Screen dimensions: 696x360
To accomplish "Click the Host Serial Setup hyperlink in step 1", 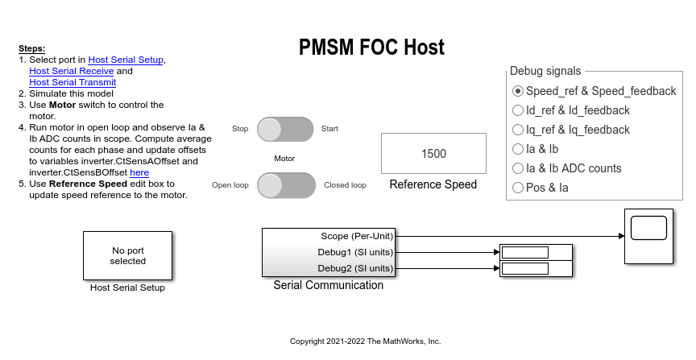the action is click(x=126, y=60).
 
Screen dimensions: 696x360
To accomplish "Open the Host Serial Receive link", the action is click(x=72, y=71).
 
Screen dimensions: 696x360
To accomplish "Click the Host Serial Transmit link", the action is click(x=72, y=82).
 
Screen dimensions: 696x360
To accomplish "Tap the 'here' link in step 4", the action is click(x=139, y=172).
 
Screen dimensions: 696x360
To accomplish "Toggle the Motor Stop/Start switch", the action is click(x=285, y=130).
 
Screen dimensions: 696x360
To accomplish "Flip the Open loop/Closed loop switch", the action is click(x=286, y=185).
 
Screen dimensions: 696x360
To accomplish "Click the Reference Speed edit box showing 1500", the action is click(x=433, y=154).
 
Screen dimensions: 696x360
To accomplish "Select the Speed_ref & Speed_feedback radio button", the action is click(x=517, y=91).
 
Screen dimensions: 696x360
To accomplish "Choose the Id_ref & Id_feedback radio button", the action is click(x=517, y=110).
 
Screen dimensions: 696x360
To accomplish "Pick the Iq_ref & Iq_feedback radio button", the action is click(x=517, y=130).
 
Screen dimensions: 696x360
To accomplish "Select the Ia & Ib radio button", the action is click(x=517, y=149).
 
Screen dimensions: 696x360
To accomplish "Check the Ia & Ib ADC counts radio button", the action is click(x=517, y=168).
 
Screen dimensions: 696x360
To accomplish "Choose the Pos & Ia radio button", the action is click(x=517, y=188).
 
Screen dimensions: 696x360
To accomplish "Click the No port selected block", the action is click(x=128, y=255).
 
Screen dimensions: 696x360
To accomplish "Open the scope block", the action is click(x=649, y=236).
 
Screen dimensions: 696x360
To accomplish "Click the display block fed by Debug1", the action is click(x=536, y=252).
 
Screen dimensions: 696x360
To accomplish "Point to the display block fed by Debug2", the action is click(x=536, y=268).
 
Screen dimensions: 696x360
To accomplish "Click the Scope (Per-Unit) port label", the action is click(x=357, y=236).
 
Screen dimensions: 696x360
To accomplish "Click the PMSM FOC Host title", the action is click(x=371, y=47).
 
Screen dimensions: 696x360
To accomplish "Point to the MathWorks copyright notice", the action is click(x=365, y=341).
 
